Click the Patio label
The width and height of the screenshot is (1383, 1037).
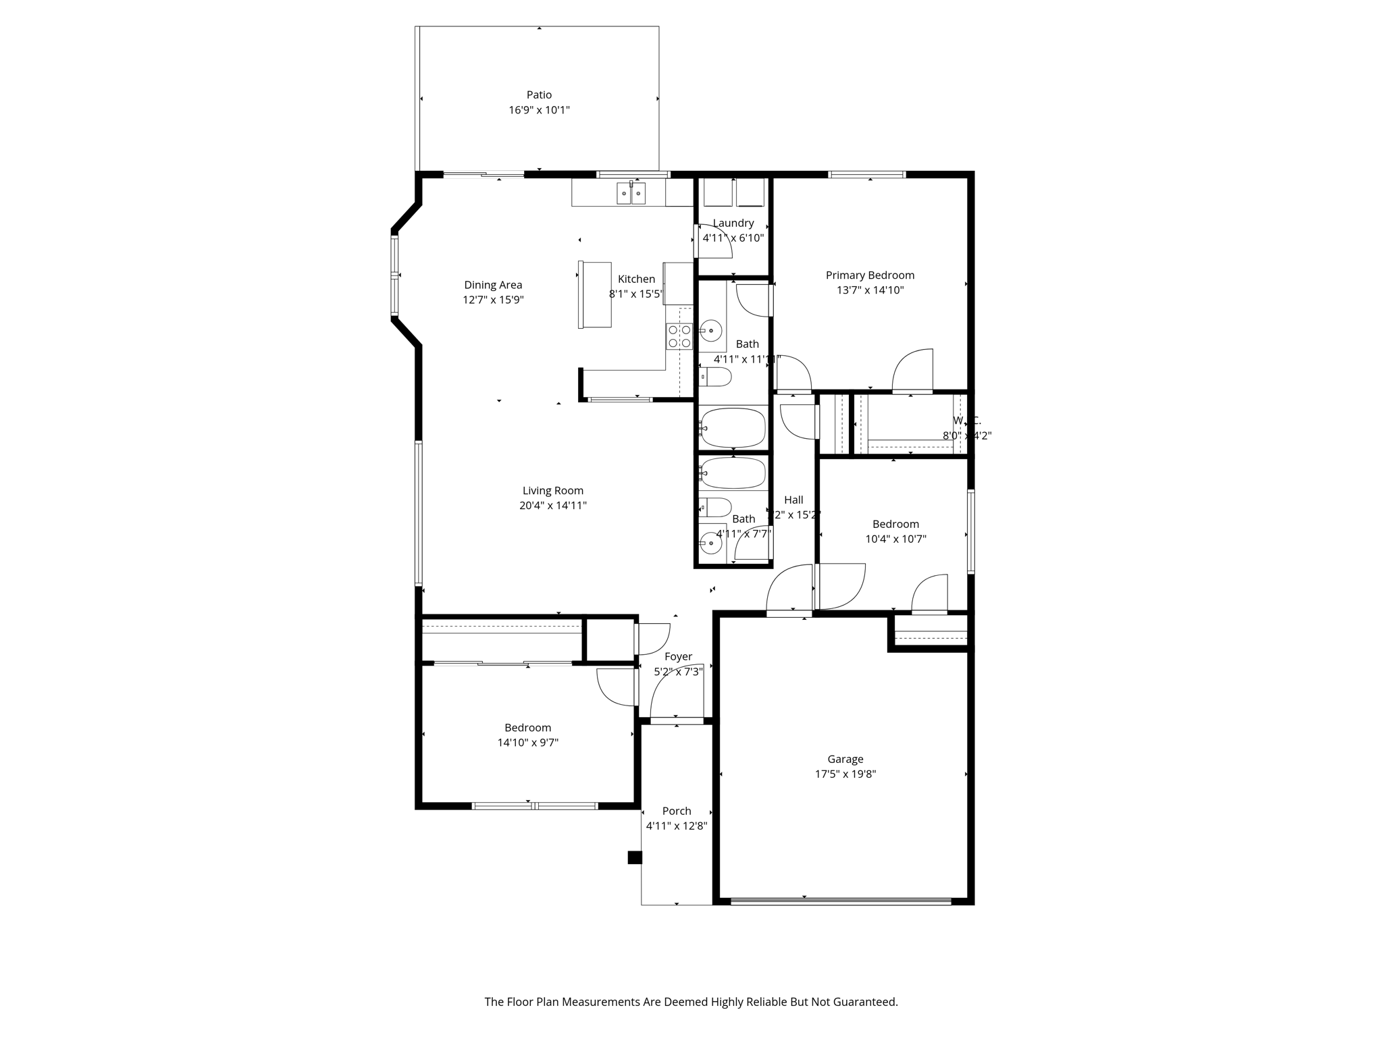539,95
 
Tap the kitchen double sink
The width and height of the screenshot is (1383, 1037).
631,194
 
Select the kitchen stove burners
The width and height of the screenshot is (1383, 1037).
679,336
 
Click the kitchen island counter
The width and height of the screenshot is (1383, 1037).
595,295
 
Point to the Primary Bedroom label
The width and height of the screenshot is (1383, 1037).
870,275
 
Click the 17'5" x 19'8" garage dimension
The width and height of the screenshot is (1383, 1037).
845,774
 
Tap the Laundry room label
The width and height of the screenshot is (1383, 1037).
733,223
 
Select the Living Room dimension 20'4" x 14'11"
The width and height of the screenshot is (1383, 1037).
552,506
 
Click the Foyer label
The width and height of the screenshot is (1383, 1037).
678,657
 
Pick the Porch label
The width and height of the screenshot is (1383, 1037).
676,812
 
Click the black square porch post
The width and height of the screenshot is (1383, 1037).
634,857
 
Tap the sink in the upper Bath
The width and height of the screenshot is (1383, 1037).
710,331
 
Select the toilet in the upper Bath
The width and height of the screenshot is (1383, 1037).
715,377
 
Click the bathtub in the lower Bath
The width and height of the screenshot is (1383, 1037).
733,473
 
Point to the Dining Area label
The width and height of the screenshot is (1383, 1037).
493,286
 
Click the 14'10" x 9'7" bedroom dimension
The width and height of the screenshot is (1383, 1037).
527,743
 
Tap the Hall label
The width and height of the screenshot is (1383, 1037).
793,500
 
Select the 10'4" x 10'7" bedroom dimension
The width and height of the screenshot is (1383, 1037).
895,539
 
